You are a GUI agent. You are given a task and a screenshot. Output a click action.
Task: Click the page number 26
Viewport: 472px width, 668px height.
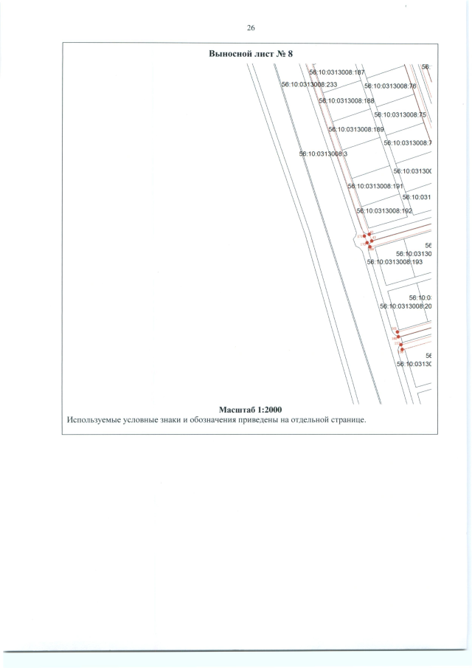250,27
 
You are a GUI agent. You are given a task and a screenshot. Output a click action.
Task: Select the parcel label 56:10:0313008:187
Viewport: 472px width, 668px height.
337,72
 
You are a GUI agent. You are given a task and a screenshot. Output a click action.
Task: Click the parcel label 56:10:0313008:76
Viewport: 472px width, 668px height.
391,86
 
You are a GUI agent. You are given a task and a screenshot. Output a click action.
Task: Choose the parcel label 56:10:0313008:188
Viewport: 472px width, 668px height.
347,100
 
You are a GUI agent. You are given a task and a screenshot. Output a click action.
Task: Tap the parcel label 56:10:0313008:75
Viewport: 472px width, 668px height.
400,114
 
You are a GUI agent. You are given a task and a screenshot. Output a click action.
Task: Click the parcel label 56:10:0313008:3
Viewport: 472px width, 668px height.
323,154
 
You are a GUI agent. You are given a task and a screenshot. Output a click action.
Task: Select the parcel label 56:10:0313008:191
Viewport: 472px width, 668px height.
374,186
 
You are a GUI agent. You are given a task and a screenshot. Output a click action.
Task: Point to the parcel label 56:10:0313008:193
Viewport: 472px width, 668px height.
394,261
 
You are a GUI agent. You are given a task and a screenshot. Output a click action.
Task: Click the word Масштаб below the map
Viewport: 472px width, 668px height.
238,409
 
